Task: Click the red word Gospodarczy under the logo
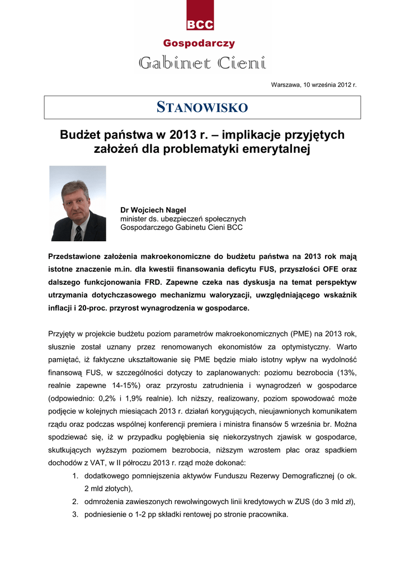click(199, 44)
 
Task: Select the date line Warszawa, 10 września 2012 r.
click(313, 84)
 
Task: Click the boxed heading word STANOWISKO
click(202, 107)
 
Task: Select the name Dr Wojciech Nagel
click(153, 210)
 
